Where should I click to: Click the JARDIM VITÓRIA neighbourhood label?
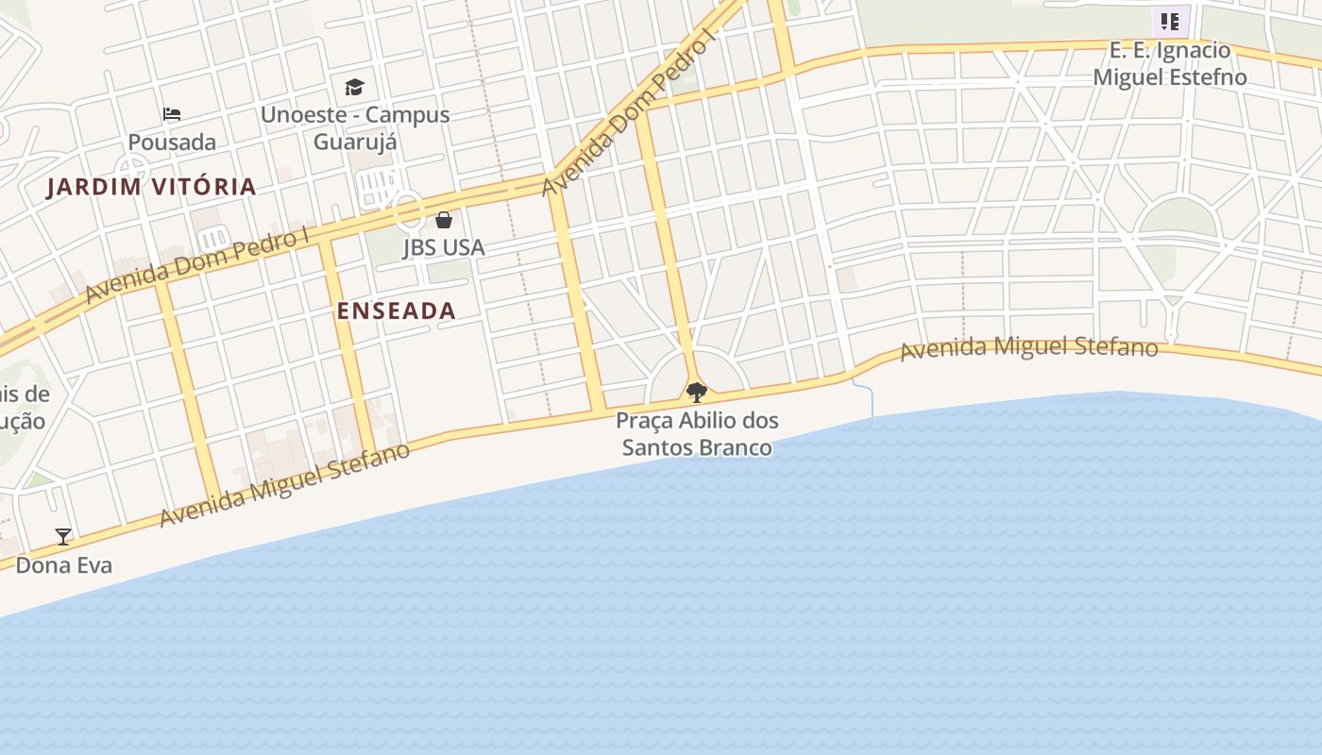(x=151, y=186)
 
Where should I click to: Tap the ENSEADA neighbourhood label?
(x=397, y=310)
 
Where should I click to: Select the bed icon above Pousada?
(x=171, y=114)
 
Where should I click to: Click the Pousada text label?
(x=172, y=143)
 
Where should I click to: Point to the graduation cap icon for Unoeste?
(x=354, y=87)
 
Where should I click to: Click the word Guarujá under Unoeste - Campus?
(x=355, y=142)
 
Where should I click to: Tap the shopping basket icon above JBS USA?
(x=444, y=220)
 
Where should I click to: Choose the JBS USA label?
(x=444, y=247)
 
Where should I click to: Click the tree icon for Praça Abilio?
(x=697, y=392)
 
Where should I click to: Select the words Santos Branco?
(x=697, y=447)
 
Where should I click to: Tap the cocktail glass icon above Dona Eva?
(x=63, y=537)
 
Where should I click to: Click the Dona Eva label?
(x=64, y=565)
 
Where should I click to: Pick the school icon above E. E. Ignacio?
(x=1170, y=21)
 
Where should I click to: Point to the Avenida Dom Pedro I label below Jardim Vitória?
(x=197, y=265)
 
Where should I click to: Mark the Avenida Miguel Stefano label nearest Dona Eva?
(x=284, y=484)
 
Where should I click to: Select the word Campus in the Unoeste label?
(x=408, y=115)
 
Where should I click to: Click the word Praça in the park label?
(x=645, y=420)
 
